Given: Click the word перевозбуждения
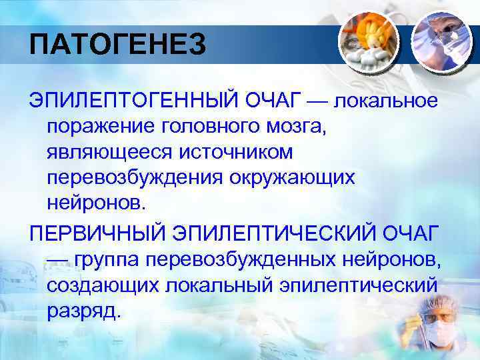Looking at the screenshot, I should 136,178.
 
